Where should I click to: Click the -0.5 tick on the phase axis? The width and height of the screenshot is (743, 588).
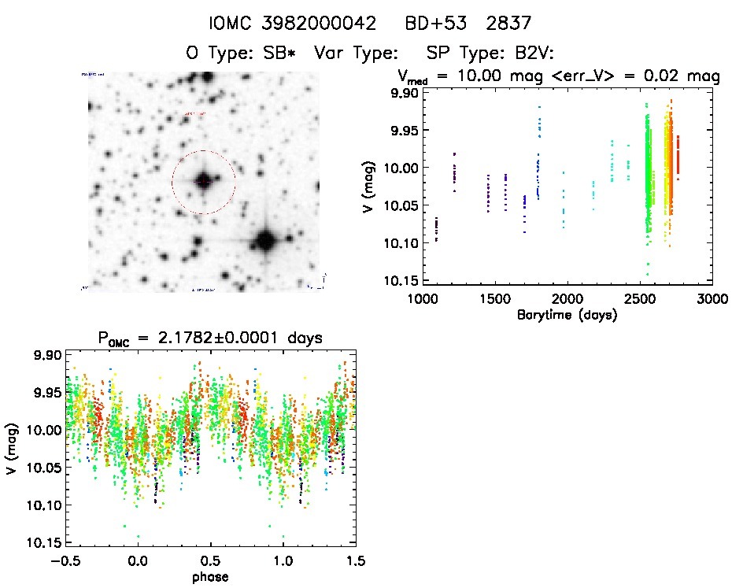(66, 561)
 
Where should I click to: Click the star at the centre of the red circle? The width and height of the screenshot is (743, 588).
(203, 182)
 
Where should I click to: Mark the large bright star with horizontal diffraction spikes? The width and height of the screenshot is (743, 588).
(265, 240)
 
